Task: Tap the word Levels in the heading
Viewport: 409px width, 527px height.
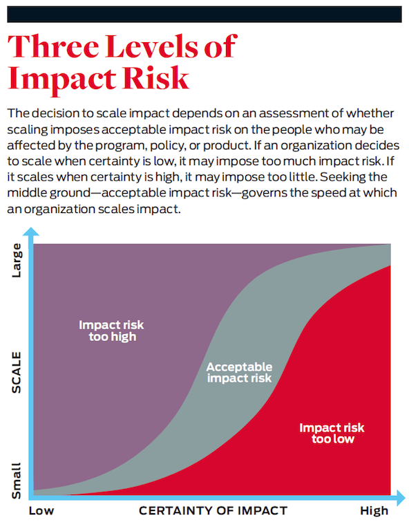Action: click(x=153, y=46)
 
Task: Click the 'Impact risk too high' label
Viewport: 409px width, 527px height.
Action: click(x=111, y=331)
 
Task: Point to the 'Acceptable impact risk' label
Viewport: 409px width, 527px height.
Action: click(x=239, y=372)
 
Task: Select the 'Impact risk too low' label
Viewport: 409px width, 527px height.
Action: click(x=332, y=433)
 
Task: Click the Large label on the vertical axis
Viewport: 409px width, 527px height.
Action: click(x=16, y=261)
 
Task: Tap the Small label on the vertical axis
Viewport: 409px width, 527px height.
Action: click(x=16, y=481)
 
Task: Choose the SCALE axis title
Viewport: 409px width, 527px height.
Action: click(x=16, y=372)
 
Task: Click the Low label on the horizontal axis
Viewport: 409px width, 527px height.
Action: click(x=41, y=511)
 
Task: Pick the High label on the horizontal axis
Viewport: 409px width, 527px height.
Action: click(x=374, y=511)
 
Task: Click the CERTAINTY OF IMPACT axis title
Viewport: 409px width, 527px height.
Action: click(x=213, y=511)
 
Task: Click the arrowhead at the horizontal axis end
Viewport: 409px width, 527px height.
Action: click(x=401, y=498)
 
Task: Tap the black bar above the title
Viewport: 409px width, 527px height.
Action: click(x=204, y=15)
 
